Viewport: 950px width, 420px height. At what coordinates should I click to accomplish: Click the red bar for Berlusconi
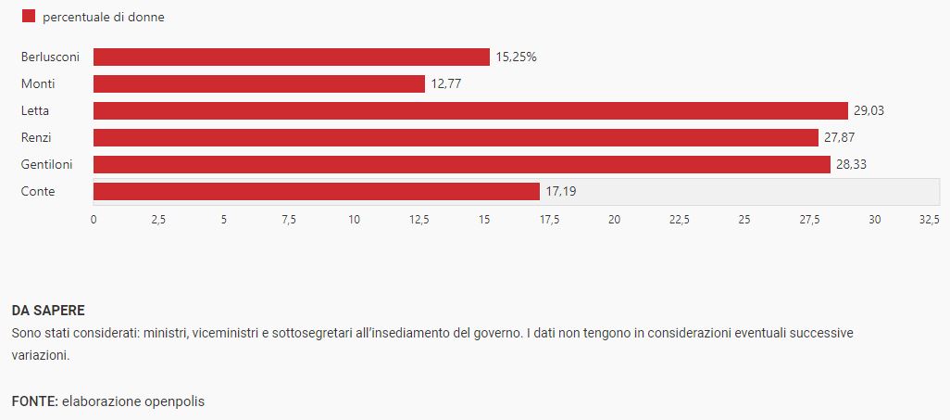tap(291, 57)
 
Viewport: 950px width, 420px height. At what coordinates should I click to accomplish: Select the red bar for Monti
tap(259, 84)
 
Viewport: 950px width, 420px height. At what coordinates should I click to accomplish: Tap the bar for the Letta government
tap(470, 111)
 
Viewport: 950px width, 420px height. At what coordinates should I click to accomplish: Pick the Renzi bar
tap(456, 138)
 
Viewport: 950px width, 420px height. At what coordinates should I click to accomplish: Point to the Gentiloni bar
tap(461, 165)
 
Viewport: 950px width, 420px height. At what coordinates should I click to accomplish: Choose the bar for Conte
tap(316, 192)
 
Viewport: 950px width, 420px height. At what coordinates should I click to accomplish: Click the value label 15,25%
tap(517, 57)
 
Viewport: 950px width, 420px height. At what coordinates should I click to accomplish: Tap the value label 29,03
tap(869, 111)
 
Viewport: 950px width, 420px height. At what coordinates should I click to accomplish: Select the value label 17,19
tap(560, 192)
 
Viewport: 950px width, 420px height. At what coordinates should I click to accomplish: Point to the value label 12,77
tap(446, 84)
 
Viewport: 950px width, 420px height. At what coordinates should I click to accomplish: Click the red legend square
tap(28, 17)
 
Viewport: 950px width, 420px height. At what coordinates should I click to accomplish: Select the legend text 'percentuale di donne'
tap(104, 18)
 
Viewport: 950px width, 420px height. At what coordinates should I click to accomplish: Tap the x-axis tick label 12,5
tap(419, 220)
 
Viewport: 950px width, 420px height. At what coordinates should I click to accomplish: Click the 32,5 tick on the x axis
tap(929, 220)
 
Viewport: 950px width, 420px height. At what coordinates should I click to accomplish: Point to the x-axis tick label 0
tap(94, 220)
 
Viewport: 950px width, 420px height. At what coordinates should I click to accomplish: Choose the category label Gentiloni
tap(46, 165)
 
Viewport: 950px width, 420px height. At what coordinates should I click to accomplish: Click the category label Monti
tap(38, 84)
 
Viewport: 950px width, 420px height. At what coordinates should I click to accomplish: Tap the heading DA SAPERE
tap(48, 311)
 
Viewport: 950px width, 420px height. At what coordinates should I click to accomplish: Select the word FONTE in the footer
tap(33, 401)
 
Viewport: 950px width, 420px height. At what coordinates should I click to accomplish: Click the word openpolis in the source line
tap(173, 401)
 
